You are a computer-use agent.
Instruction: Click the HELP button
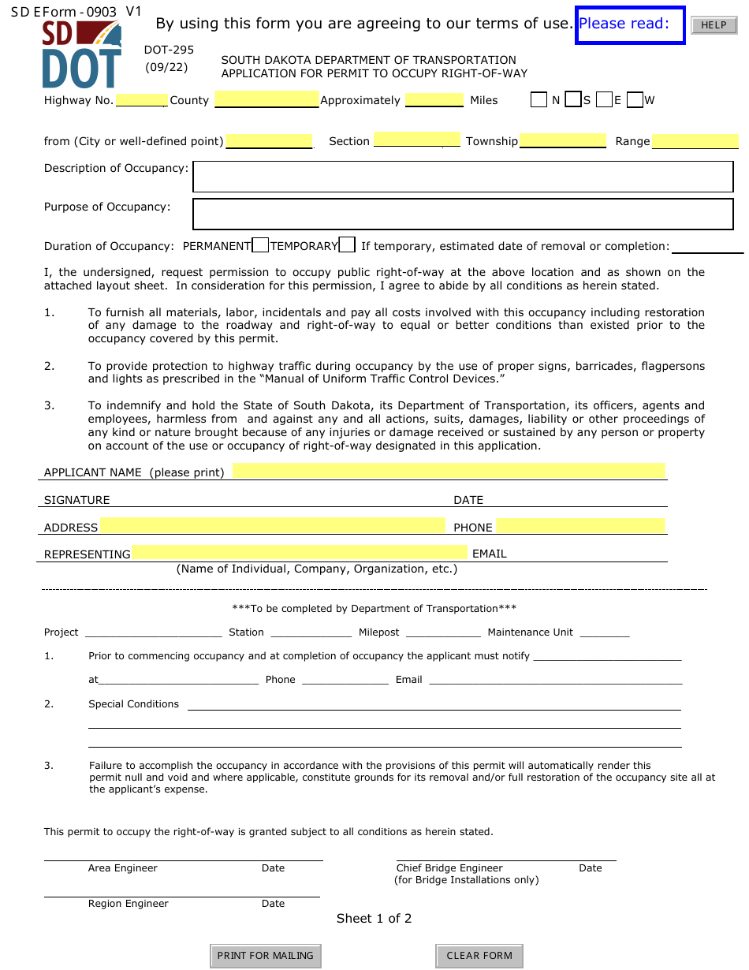click(714, 25)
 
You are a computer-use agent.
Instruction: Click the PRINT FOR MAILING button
click(265, 955)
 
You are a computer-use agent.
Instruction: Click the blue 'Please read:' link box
click(630, 24)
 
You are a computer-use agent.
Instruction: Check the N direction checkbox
click(538, 100)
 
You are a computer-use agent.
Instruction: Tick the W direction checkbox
click(635, 100)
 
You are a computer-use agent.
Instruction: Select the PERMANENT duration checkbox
click(260, 245)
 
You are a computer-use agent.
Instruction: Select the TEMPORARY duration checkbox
click(347, 245)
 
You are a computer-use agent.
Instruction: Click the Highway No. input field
click(141, 100)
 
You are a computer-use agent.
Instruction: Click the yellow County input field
click(266, 99)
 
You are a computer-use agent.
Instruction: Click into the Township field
click(562, 141)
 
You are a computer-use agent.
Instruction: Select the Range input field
click(695, 141)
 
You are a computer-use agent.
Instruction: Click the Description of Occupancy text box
click(463, 177)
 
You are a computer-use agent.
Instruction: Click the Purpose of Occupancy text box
click(463, 214)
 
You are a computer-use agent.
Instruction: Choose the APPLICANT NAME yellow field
click(448, 471)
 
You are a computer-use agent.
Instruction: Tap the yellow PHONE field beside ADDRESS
click(580, 526)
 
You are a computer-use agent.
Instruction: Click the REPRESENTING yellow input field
click(300, 553)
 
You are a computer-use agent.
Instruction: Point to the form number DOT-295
click(169, 50)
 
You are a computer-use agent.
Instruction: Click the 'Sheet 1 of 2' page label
click(374, 918)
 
